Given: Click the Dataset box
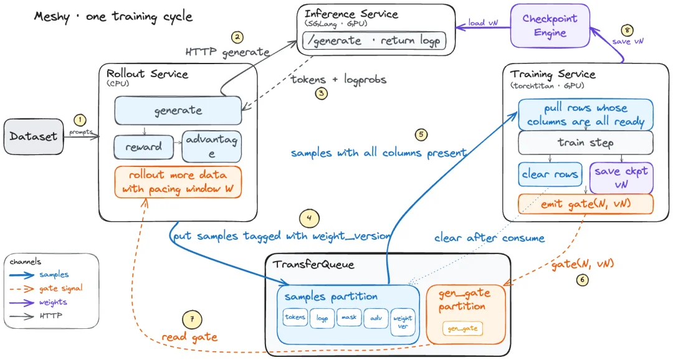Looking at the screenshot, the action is point(34,136).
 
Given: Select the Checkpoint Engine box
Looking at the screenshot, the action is point(550,26).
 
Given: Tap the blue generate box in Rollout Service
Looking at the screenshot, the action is point(178,111).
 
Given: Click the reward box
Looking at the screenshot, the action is point(144,147).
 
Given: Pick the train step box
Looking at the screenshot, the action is point(585,143).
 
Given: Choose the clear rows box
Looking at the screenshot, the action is point(550,174).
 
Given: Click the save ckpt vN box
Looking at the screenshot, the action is point(621,178).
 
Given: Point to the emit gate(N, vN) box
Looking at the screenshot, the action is point(585,204).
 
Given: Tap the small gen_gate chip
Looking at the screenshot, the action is point(462,329).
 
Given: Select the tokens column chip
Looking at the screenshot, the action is point(295,318).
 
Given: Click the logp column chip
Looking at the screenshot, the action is point(322,318).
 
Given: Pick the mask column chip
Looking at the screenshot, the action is point(349,318).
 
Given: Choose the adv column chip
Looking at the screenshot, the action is point(376,318).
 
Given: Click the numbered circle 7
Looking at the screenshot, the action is point(192,320).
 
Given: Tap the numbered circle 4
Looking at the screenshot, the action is point(309,219).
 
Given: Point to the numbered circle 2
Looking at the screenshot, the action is point(237,37).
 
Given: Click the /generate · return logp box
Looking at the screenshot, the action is point(375,40).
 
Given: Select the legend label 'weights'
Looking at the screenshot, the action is point(53,302).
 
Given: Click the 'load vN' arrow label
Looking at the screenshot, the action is point(483,23).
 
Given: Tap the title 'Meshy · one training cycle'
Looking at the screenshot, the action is point(113,17).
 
